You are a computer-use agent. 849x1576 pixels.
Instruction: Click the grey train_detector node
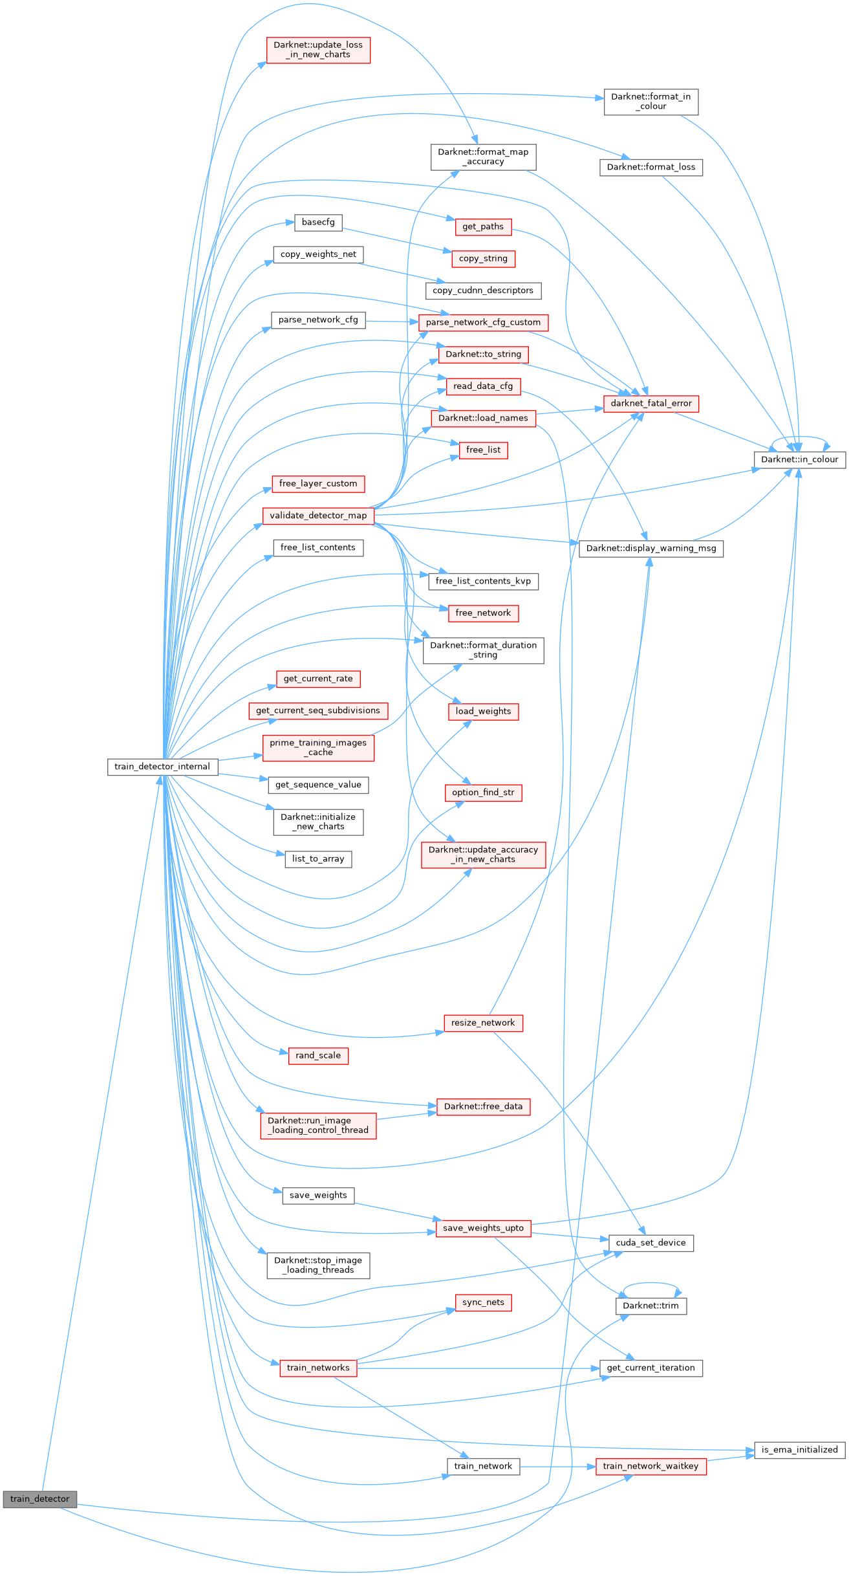(39, 1499)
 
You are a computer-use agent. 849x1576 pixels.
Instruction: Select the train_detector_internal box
(162, 767)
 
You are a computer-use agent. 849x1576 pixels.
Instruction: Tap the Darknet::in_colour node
(799, 459)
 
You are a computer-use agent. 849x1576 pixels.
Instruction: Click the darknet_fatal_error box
(651, 403)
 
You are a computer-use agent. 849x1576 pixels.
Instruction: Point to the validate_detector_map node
(318, 516)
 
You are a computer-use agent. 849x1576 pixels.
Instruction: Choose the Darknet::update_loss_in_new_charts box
(318, 50)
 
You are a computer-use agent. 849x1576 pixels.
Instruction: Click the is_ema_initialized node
(799, 1450)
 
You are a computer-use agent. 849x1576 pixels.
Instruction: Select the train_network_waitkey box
(650, 1466)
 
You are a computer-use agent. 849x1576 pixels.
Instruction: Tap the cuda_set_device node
(650, 1243)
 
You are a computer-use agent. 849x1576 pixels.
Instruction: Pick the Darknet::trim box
(650, 1306)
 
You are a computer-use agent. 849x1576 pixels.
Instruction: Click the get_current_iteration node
(650, 1368)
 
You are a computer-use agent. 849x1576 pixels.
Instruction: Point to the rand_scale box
(318, 1055)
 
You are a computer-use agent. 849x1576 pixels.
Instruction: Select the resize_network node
(483, 1023)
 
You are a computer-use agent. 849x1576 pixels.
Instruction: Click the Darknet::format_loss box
(650, 167)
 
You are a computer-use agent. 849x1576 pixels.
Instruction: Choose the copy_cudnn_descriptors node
(483, 290)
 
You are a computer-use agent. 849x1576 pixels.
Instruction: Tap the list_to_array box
(318, 859)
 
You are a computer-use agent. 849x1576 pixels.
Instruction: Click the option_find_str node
(483, 793)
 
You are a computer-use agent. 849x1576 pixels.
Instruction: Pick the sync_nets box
(483, 1302)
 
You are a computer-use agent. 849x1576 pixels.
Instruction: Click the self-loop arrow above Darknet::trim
(651, 1284)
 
